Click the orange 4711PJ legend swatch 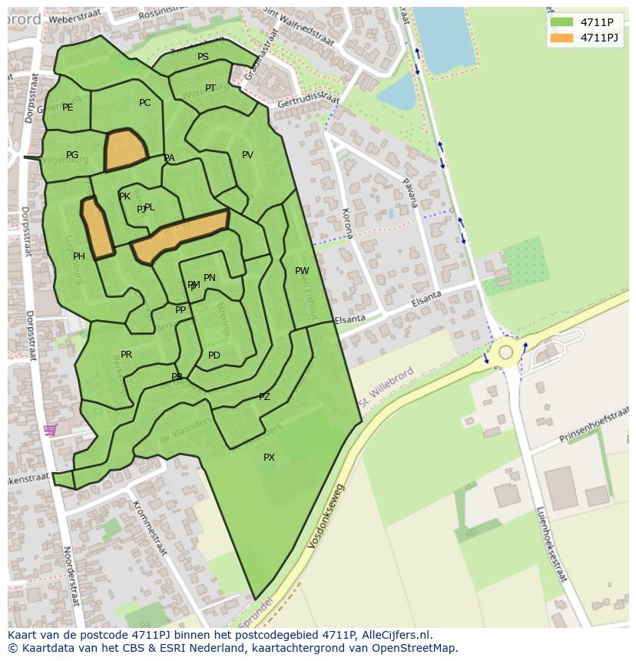(561, 38)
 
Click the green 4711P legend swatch (561, 22)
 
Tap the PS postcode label (203, 57)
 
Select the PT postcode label (210, 88)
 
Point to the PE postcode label (68, 107)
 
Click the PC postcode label (144, 103)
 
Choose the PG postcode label (72, 155)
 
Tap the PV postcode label (247, 155)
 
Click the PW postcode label (302, 271)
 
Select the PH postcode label (79, 256)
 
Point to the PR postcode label (127, 355)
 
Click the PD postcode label (214, 355)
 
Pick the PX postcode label (269, 458)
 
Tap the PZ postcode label (264, 397)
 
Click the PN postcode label (210, 278)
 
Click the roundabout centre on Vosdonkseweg (505, 352)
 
